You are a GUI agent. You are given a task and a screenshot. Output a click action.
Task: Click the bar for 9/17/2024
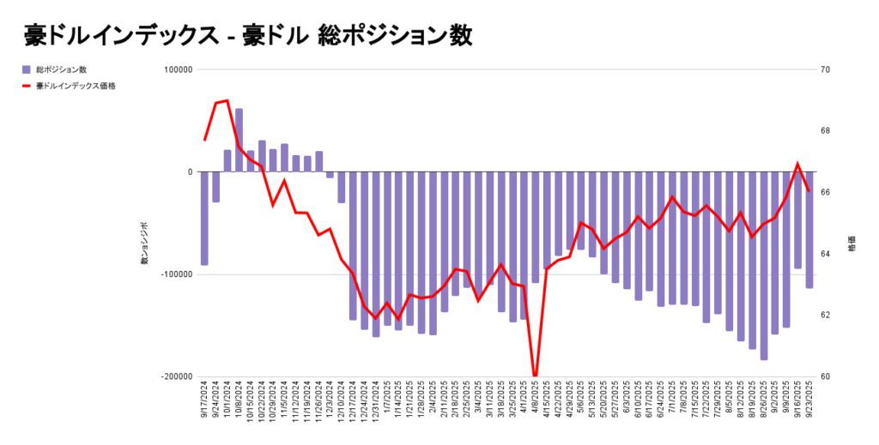[x=204, y=218]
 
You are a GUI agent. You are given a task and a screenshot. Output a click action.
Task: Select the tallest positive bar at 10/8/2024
[x=239, y=140]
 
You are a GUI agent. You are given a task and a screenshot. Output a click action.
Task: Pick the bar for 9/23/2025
[x=809, y=229]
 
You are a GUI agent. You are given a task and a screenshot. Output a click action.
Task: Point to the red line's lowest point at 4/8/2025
[x=535, y=376]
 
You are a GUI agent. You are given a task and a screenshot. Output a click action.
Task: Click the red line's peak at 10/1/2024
[x=227, y=100]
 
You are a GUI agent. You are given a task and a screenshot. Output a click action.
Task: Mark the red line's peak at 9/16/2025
[x=797, y=163]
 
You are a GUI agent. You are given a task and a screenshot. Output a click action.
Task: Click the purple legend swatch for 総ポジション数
[x=27, y=69]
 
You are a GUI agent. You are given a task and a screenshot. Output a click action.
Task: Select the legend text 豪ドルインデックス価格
[x=76, y=86]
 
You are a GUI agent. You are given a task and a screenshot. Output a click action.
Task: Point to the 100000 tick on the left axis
[x=177, y=69]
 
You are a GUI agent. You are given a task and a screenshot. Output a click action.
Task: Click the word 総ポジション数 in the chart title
[x=395, y=35]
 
